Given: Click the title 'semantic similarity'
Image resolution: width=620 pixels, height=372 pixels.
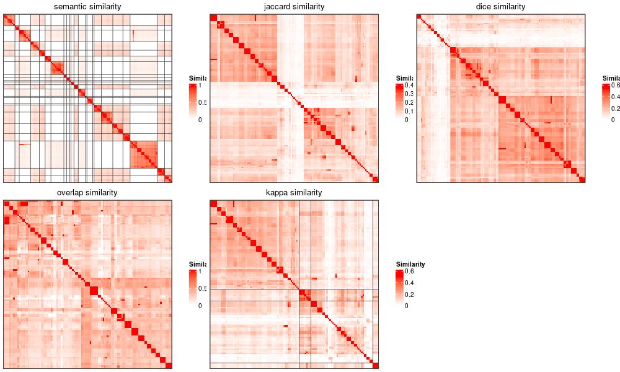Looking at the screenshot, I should coord(87,7).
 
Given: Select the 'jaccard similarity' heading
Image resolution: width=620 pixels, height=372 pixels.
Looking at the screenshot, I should coord(294,7).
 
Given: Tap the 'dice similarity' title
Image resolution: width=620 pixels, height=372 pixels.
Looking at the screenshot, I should coord(500,7).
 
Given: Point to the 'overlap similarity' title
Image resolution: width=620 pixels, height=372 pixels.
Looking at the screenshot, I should coord(87,193).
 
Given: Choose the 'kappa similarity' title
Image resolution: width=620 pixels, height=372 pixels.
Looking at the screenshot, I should coord(294,193).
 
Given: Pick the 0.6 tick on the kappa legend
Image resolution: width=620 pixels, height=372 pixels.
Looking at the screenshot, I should coord(410,271).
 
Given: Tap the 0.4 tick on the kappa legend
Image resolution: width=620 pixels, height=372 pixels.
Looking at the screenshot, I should coord(410,282).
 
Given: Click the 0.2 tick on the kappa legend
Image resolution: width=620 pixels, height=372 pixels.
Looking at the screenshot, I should coord(410,294).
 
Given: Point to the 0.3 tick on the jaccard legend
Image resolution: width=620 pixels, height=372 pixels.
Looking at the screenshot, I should coord(410,94).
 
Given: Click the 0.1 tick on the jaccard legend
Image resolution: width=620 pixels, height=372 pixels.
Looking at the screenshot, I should coord(410,111).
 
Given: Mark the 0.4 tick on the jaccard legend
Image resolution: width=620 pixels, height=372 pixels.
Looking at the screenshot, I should coord(410,85).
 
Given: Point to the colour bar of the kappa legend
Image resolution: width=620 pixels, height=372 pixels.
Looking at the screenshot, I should coord(400,288).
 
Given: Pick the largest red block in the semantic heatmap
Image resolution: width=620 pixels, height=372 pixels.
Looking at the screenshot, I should coord(144,154).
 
